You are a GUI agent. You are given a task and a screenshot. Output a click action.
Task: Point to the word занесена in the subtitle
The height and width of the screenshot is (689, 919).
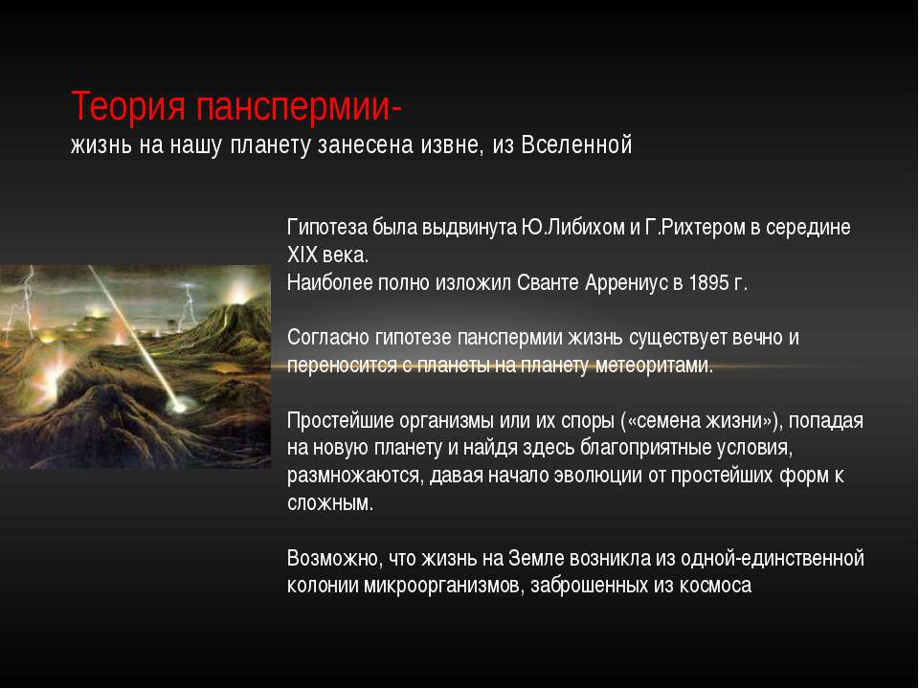point(362,145)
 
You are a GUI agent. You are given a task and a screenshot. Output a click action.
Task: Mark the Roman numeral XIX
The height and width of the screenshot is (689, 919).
point(303,256)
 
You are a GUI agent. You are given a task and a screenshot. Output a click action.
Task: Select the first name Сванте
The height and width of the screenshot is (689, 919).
point(549,283)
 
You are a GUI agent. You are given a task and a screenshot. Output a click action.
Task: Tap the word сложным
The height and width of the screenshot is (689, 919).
point(330,503)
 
